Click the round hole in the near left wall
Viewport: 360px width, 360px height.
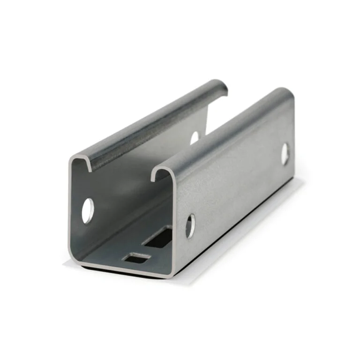88,210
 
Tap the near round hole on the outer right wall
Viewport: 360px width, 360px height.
190,226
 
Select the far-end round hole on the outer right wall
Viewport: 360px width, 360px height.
285,154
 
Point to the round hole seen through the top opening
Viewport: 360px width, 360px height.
195,137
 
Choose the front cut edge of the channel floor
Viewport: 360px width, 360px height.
124,270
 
